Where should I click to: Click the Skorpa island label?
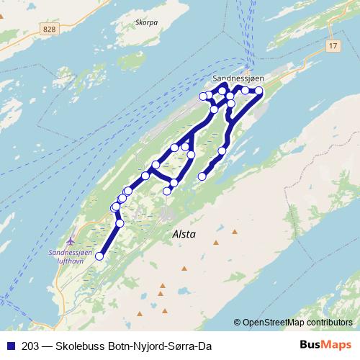pos(146,22)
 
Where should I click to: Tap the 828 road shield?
pos(49,28)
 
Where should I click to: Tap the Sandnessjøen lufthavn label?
pos(70,257)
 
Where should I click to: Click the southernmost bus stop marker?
pos(99,256)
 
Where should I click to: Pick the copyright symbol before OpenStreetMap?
pos(238,322)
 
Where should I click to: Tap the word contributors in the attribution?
pos(330,322)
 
